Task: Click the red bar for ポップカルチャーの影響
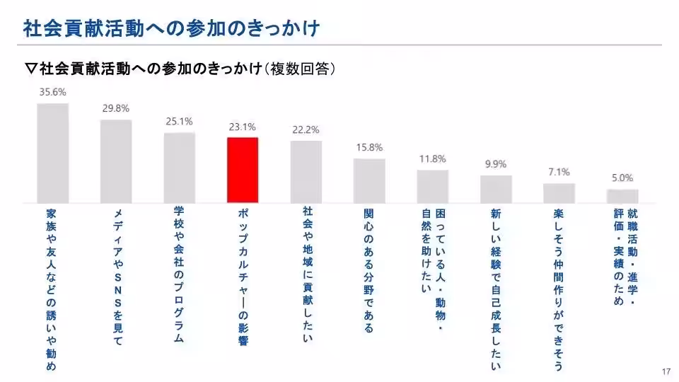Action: [x=243, y=170]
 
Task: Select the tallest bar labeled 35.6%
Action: [x=52, y=153]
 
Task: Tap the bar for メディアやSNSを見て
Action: [x=116, y=161]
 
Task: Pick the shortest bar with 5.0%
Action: [x=622, y=195]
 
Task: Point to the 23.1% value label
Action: [x=243, y=127]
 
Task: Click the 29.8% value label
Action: [x=116, y=108]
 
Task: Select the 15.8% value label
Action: [x=369, y=147]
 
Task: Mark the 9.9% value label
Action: [x=496, y=164]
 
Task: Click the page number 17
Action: [x=666, y=372]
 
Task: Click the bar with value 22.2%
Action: [x=306, y=171]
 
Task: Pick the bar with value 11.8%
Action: [x=432, y=185]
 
